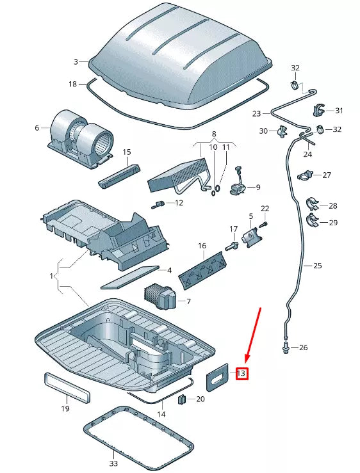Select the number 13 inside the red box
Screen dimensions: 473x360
(241, 373)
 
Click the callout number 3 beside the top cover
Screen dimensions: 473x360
(76, 61)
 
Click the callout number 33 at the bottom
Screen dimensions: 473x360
(113, 463)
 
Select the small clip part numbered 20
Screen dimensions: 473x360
(181, 400)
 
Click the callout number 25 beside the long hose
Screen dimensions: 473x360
(317, 265)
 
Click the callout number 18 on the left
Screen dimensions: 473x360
(73, 84)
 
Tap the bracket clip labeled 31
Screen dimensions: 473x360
(319, 110)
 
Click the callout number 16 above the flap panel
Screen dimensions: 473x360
(202, 246)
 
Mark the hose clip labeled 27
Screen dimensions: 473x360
(308, 173)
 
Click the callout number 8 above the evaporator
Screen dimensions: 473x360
(215, 135)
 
